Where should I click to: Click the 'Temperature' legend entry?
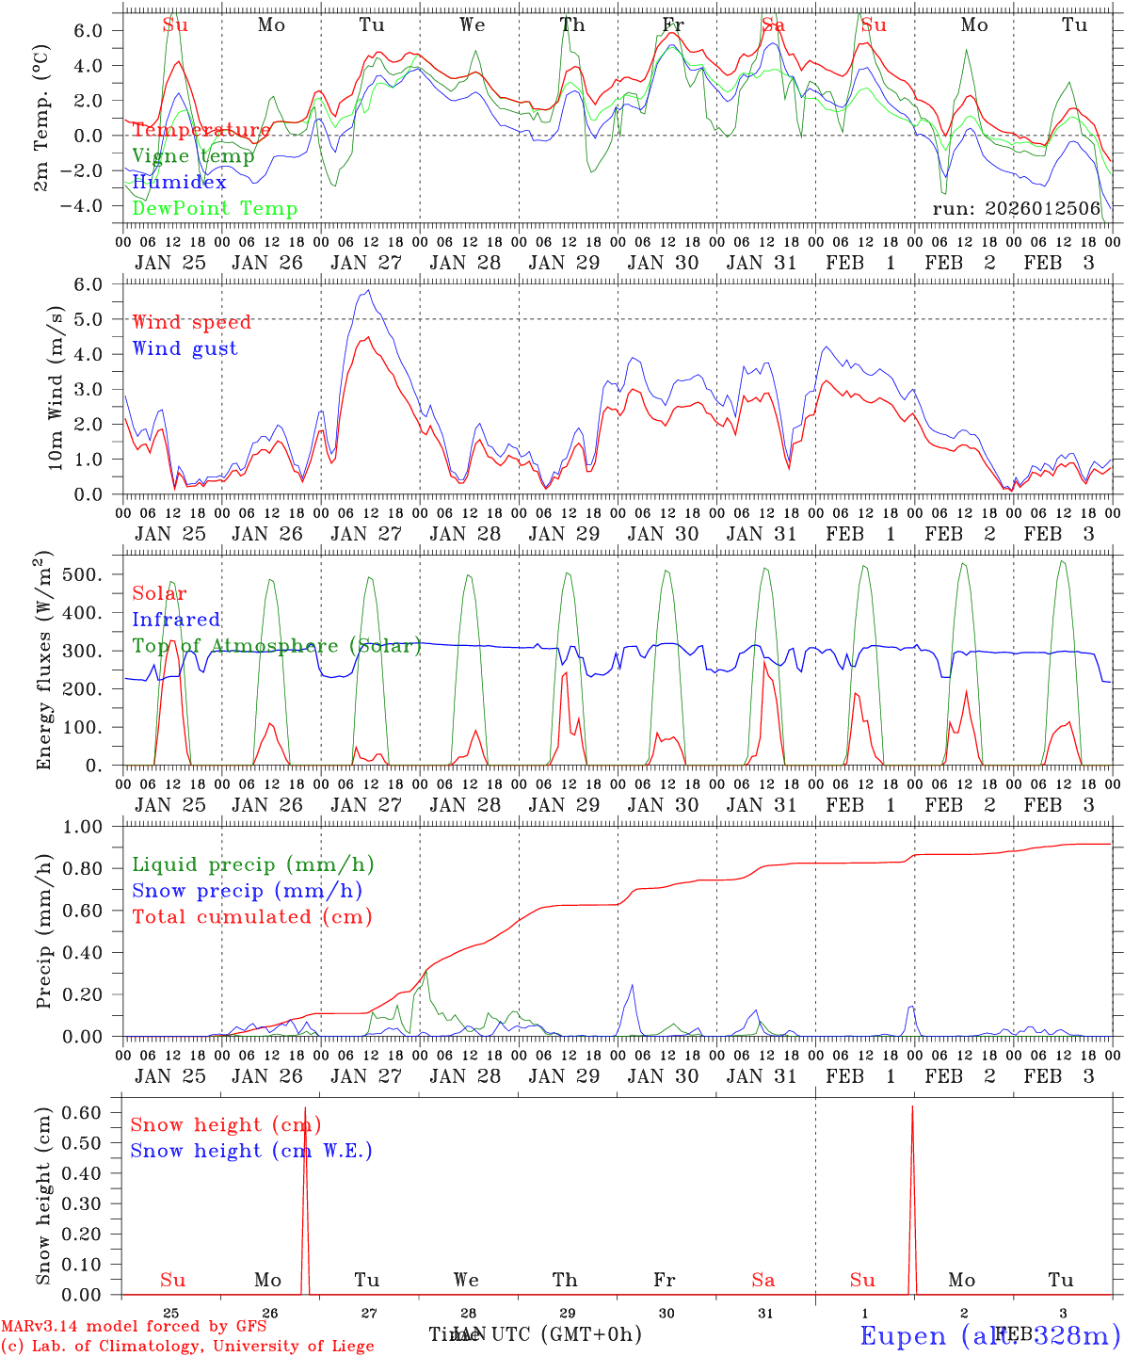pyautogui.click(x=201, y=130)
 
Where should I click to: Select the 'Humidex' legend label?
pyautogui.click(x=180, y=183)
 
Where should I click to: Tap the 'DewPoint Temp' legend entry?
pyautogui.click(x=215, y=209)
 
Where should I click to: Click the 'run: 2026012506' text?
pyautogui.click(x=1016, y=209)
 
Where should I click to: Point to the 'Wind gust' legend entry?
pyautogui.click(x=185, y=348)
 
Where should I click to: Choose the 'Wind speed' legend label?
pyautogui.click(x=192, y=322)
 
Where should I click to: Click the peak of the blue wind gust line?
pyautogui.click(x=369, y=290)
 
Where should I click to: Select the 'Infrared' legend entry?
pyautogui.click(x=176, y=620)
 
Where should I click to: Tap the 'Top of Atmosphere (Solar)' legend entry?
pyautogui.click(x=277, y=646)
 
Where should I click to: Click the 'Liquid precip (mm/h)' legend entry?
pyautogui.click(x=253, y=864)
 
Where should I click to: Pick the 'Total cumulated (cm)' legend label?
pyautogui.click(x=252, y=916)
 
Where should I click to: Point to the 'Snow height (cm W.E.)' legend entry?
pyautogui.click(x=251, y=1151)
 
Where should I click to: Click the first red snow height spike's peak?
pyautogui.click(x=305, y=1107)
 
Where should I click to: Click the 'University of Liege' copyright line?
pyautogui.click(x=187, y=1346)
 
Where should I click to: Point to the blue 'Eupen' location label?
pyautogui.click(x=904, y=1336)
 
